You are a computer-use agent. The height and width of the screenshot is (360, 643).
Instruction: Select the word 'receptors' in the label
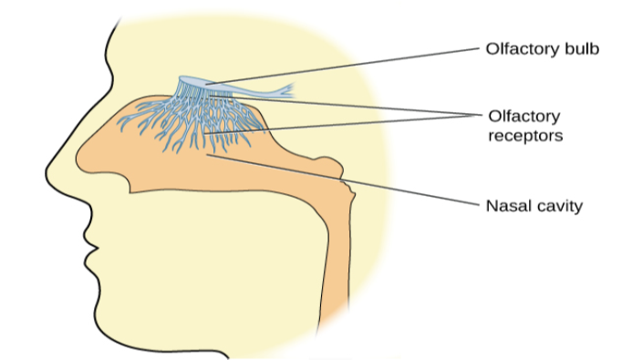click(x=524, y=137)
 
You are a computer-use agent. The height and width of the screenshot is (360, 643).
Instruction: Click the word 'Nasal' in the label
click(x=509, y=205)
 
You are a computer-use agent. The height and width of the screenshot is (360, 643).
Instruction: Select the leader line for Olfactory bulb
click(x=347, y=65)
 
